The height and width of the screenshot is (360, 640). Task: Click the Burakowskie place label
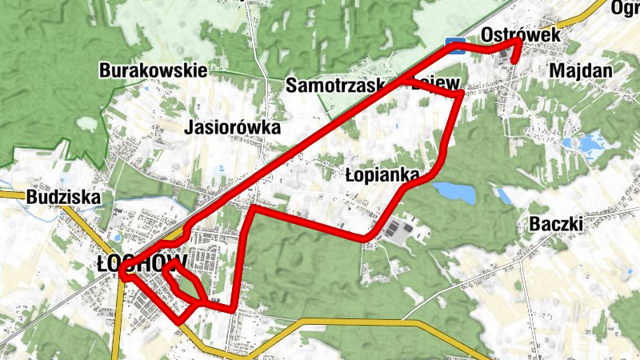153,70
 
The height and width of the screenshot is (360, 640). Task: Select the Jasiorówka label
233,127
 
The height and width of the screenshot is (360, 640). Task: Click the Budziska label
62,197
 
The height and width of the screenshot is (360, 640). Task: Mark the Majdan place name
581,71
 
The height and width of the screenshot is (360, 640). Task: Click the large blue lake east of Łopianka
454,193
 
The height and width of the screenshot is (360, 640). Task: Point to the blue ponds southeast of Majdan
590,145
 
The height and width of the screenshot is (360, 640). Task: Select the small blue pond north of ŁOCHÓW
118,237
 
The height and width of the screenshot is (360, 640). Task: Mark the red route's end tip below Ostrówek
514,60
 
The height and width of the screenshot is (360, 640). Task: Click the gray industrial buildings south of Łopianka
399,232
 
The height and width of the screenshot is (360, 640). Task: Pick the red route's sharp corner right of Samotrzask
462,95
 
